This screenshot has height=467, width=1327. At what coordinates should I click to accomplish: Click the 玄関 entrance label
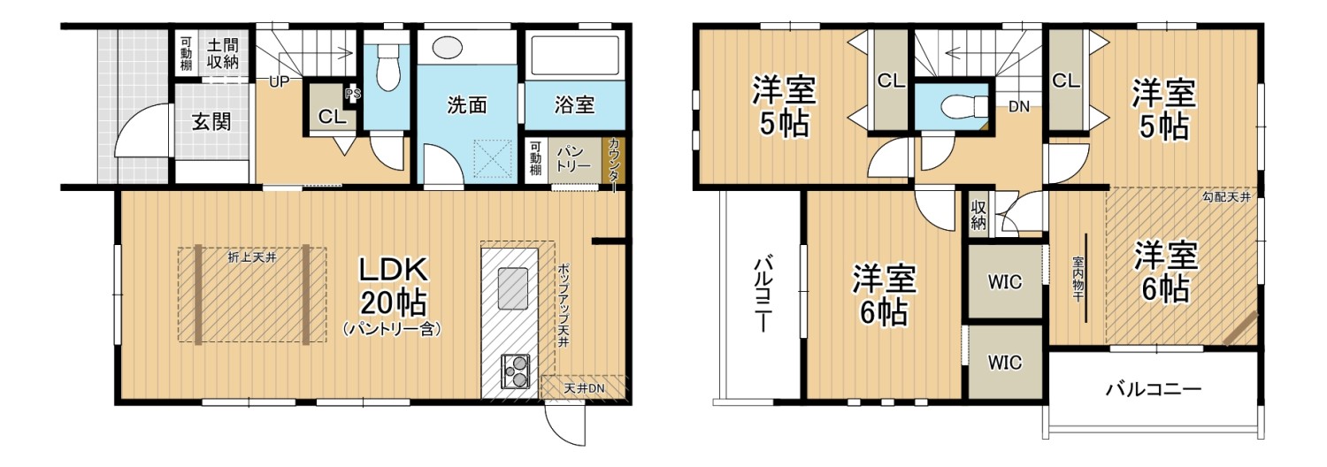point(211,121)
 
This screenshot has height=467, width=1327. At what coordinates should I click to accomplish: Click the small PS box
point(353,94)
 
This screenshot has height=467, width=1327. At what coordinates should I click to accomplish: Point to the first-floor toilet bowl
point(387,70)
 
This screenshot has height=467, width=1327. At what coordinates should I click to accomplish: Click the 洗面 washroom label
point(467,105)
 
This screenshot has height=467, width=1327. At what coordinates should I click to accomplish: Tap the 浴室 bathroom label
point(574,105)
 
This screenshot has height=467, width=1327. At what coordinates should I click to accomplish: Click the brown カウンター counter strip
point(614,162)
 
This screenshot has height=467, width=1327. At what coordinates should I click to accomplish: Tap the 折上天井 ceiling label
point(253,258)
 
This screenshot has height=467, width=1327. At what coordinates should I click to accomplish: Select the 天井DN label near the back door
point(584,388)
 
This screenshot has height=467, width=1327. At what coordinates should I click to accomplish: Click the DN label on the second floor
point(1018,108)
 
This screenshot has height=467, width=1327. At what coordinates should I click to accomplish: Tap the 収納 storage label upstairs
point(978,214)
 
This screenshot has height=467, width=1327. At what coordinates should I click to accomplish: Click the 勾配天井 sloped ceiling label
point(1226,197)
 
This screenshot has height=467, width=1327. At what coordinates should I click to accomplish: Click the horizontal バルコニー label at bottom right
point(1153,387)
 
